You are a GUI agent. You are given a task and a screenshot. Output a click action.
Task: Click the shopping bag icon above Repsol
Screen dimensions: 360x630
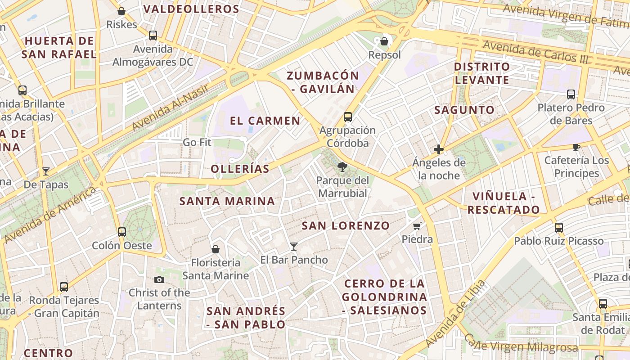coord(384,42)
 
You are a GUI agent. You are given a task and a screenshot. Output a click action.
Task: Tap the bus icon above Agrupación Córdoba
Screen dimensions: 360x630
coord(348,117)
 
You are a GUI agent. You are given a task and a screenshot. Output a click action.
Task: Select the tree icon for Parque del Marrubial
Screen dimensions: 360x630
coord(342,167)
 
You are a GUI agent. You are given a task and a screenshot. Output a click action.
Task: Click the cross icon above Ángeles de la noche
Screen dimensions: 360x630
coord(439,149)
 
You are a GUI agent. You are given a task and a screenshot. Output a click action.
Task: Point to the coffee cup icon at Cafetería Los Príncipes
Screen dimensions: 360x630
coord(576,147)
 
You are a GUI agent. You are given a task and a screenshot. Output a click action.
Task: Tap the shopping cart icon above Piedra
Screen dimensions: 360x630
coord(417,226)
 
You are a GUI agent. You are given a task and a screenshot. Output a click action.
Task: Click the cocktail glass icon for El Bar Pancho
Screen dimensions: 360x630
coord(294,246)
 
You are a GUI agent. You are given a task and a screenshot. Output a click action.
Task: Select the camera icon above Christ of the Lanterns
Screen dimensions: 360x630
coord(159,279)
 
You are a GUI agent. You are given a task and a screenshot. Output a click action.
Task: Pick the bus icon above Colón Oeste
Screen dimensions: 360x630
coord(122,232)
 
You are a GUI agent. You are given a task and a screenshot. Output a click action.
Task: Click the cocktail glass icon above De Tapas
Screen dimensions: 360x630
coord(46,171)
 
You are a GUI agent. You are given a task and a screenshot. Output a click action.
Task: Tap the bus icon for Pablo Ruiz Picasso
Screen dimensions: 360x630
coord(559,228)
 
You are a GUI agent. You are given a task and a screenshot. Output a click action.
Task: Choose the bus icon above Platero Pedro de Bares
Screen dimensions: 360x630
coord(571,94)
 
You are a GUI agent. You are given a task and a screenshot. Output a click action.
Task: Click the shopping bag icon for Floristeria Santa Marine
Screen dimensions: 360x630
coord(216,249)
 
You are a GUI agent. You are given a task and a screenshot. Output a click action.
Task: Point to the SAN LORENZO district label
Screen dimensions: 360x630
coord(346,225)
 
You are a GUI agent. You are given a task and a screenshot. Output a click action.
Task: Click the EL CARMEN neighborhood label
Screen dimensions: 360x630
coord(265,121)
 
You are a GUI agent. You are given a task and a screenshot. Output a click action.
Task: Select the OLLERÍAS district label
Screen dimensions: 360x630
coord(240,169)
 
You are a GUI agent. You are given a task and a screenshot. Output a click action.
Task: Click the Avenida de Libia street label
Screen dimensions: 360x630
coord(455,313)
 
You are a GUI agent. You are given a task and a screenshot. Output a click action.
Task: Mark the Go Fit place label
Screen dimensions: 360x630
coord(197,143)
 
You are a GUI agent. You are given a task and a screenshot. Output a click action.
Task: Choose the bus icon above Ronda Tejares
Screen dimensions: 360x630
coord(64,287)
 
